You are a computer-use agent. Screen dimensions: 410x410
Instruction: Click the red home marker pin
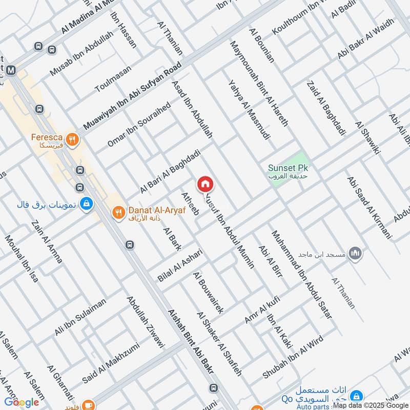(205, 184)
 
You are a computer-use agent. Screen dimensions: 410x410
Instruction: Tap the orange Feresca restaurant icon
(73, 138)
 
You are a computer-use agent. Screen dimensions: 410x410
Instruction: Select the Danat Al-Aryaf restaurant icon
(118, 212)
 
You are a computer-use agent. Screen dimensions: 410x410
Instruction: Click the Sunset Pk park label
(291, 168)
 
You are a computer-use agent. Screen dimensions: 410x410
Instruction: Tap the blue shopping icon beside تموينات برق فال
(87, 203)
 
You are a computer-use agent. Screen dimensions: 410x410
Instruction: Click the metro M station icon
(11, 70)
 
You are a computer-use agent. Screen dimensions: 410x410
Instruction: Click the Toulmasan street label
(113, 78)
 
